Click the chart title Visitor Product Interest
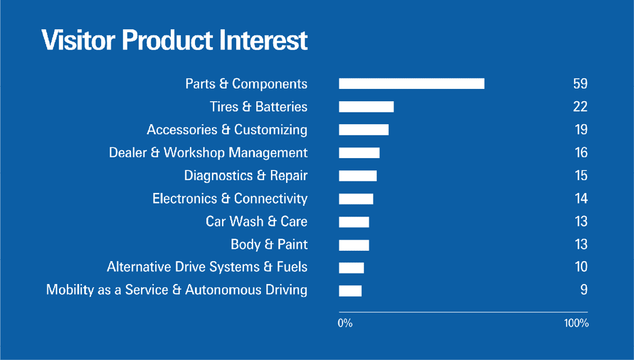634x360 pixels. tap(175, 40)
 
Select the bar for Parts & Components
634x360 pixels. tap(411, 84)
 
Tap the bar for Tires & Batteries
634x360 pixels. tap(366, 107)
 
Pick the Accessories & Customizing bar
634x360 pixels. tap(364, 130)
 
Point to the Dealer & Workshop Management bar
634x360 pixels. tap(359, 153)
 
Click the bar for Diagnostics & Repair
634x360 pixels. tap(357, 176)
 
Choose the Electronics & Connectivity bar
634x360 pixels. tap(356, 199)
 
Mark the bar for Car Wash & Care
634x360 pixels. tap(354, 222)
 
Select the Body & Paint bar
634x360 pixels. tap(354, 245)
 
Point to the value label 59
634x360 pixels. tap(580, 84)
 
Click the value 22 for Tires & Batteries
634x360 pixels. tap(580, 107)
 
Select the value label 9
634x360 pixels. tap(584, 290)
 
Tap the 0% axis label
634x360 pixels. tap(345, 324)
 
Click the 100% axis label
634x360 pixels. tap(576, 324)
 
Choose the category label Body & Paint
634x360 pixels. tap(269, 245)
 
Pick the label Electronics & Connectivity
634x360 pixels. tap(230, 199)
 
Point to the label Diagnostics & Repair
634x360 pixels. tap(246, 176)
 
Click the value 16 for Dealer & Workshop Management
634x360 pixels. tap(581, 153)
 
